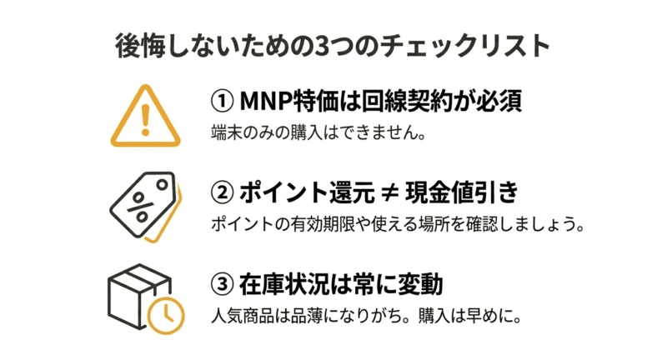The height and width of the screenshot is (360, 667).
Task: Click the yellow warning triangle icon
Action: point(145,116)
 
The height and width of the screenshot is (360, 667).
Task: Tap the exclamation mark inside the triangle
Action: point(145,120)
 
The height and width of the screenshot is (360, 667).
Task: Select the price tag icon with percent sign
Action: point(145,207)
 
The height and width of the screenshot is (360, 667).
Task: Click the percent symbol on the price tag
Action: point(140,207)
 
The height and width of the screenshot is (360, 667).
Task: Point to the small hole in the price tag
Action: point(162,185)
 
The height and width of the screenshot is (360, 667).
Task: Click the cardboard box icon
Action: point(146,299)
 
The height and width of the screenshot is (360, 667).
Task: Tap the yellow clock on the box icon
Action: point(166,316)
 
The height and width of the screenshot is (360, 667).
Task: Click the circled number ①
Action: point(222,102)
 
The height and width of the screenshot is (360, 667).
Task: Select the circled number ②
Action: point(222,192)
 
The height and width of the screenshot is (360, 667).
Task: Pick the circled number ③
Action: point(222,284)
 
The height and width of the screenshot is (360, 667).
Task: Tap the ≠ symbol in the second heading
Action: point(389,193)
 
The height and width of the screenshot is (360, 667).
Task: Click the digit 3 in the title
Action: point(320,46)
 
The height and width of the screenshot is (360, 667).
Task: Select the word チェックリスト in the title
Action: point(465,46)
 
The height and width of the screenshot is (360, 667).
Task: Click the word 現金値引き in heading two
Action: point(462,192)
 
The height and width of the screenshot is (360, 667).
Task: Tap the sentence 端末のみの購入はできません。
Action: point(318,133)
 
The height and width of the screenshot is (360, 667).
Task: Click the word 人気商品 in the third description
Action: point(243,316)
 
